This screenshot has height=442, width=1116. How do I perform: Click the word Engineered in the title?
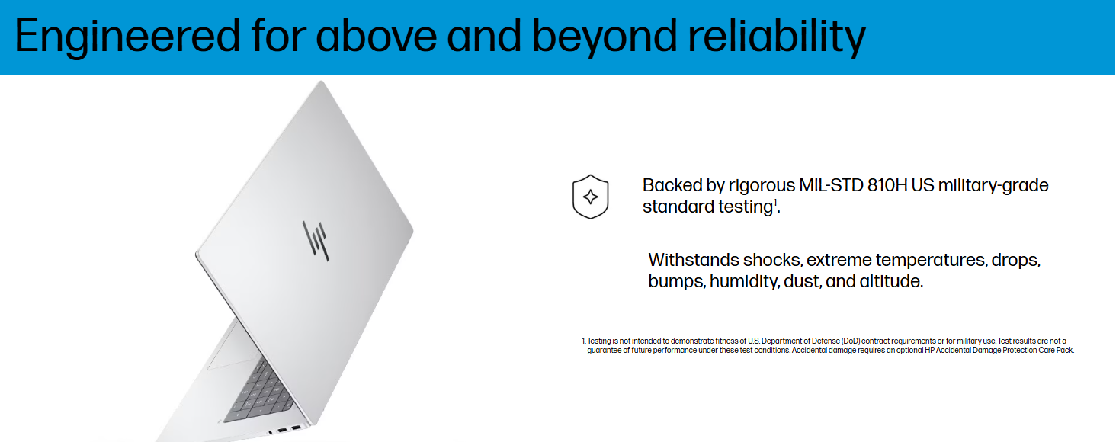coord(127,37)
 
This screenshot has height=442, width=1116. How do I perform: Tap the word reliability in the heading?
coord(777,37)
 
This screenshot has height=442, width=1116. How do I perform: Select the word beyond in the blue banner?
coord(604,37)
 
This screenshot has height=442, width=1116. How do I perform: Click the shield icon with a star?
coord(590,197)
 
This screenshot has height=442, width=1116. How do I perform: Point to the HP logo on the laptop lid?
coord(316,241)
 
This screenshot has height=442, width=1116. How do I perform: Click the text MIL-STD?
coord(831,185)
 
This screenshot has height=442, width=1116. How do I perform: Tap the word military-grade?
coord(993,186)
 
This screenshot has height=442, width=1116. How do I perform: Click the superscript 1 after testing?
coord(774,202)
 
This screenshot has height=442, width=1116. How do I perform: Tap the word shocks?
coord(772,260)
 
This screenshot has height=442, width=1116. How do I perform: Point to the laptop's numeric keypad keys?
coord(258,394)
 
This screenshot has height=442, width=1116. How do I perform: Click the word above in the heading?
coord(376,37)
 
